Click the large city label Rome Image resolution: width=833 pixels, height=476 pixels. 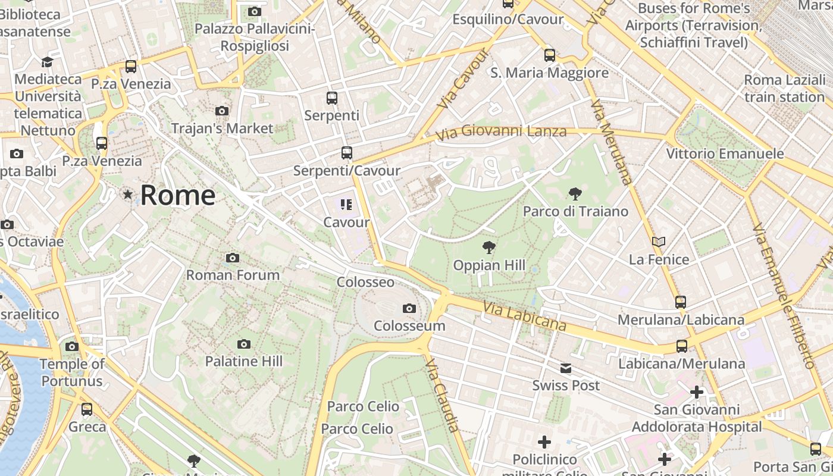[x=177, y=195]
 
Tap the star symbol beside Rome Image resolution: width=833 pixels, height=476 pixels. [x=127, y=195]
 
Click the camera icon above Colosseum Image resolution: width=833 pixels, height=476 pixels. [x=409, y=308]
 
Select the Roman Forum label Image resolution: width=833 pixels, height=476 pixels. [x=233, y=275]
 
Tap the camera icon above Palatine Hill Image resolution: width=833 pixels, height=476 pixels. [x=243, y=344]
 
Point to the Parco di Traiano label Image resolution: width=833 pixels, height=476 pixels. [x=575, y=211]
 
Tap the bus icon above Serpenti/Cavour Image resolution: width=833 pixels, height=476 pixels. [x=347, y=153]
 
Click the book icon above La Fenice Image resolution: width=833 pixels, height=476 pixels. [x=658, y=242]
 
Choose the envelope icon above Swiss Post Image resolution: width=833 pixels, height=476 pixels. [x=566, y=368]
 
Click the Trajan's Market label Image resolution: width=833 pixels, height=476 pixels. [x=222, y=128]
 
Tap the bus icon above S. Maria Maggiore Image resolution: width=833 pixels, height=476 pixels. [x=550, y=55]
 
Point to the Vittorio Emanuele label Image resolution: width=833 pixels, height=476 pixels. [x=725, y=154]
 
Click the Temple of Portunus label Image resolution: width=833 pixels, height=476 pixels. [x=72, y=372]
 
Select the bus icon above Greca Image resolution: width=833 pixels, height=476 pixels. [x=87, y=409]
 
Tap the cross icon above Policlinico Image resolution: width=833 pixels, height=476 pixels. [x=544, y=442]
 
